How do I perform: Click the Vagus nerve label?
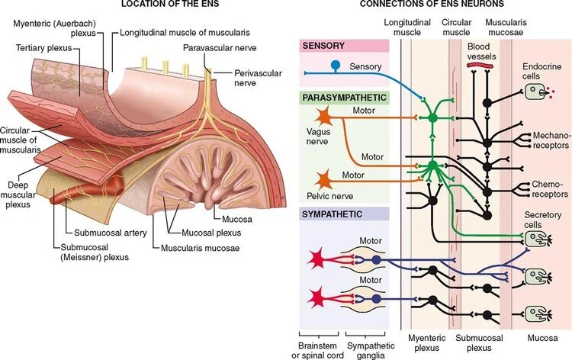click(x=320, y=137)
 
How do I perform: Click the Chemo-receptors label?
click(x=540, y=189)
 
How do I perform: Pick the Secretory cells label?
click(x=542, y=220)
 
